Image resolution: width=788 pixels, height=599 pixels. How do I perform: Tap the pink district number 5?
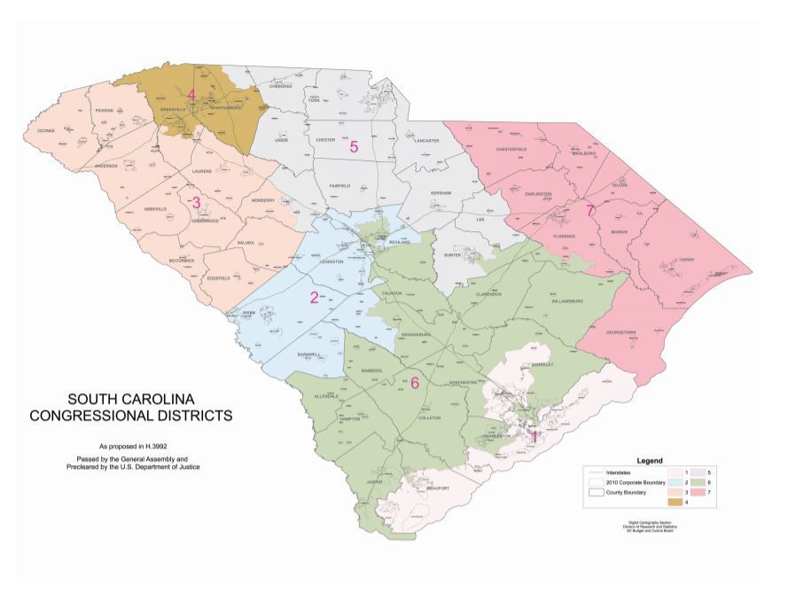click(x=353, y=146)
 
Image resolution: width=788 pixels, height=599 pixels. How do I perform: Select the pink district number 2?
click(x=313, y=298)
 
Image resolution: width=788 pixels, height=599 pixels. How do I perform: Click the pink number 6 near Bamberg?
click(x=414, y=383)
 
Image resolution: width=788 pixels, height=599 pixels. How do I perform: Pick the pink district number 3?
click(x=196, y=202)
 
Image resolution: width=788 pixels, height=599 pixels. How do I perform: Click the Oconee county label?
click(x=46, y=130)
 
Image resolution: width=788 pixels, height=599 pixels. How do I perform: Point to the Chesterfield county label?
click(x=511, y=150)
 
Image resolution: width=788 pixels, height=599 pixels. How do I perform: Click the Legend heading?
click(x=651, y=461)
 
